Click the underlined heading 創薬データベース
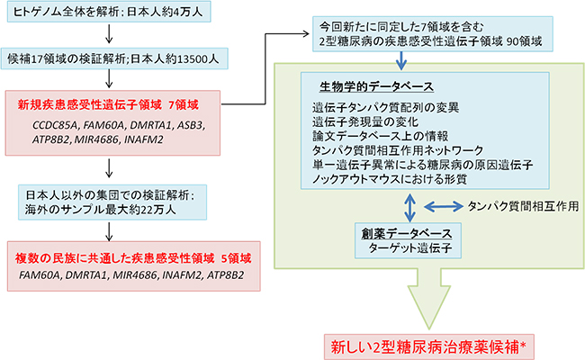409,231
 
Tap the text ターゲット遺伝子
409,247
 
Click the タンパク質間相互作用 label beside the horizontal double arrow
522,206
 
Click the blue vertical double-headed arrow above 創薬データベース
411,205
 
